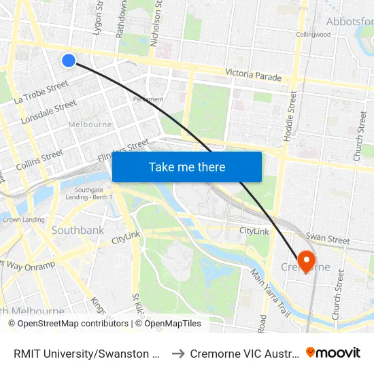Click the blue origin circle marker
(69, 61)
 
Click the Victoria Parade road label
(253, 75)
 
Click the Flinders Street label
(123, 150)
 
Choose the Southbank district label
(78, 231)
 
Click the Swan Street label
(327, 239)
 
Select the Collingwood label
(313, 35)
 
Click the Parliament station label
(148, 99)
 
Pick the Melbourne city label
(90, 124)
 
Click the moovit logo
(333, 352)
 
